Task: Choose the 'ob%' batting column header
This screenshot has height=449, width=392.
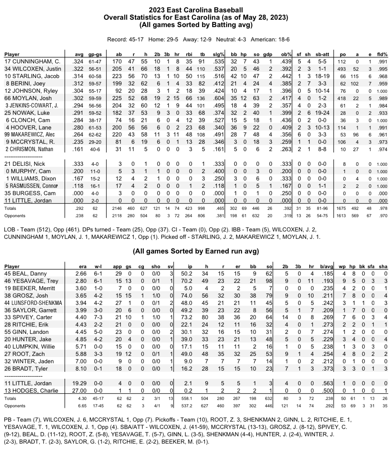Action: (x=286, y=54)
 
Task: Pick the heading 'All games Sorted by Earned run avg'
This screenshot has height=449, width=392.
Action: (x=196, y=252)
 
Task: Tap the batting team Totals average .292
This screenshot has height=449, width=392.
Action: (x=79, y=208)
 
